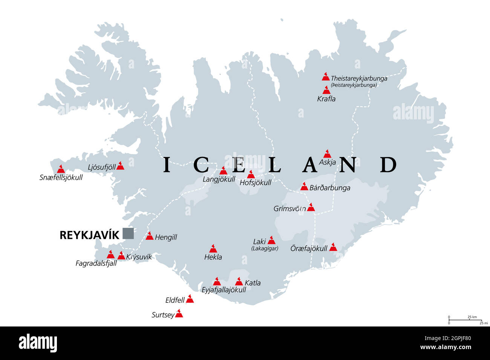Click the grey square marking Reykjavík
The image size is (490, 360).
coord(128,233)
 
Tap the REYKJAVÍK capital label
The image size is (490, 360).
coord(89,235)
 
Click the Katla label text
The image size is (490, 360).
coord(253,283)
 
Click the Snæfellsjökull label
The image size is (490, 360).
coord(61,177)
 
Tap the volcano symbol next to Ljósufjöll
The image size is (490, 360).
coord(120,166)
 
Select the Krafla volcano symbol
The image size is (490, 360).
coord(326,90)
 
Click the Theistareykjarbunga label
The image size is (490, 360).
coord(359,79)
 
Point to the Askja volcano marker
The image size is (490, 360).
coord(327,154)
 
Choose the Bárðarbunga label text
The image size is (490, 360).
coord(329,188)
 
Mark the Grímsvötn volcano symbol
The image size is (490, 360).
coord(311,207)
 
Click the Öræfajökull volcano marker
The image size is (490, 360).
coord(333,247)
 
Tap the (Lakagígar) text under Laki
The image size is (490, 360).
coord(265,249)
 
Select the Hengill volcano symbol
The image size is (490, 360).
coord(150,236)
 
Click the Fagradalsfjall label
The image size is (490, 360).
coord(96,264)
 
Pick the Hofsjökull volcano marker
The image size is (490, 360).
coord(251,174)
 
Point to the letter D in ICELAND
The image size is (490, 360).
coord(388,165)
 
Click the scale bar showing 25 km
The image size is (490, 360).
coord(465,320)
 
